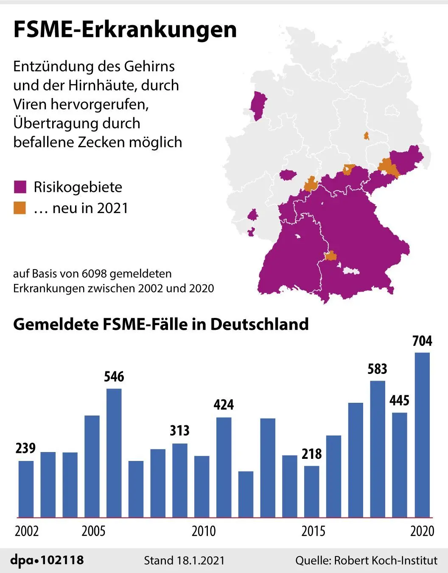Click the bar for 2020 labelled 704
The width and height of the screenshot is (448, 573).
coord(422,435)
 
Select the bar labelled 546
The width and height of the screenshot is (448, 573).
coord(114,453)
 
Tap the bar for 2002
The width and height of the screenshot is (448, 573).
coord(26,489)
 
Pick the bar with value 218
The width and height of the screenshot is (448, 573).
coord(311,492)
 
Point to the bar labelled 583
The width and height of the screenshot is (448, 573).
coord(378,449)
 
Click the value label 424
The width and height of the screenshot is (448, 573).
coord(224,404)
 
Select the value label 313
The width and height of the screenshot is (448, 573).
coord(179,430)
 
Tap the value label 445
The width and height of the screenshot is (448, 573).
coord(399,400)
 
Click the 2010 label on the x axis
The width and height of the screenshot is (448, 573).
coord(204,531)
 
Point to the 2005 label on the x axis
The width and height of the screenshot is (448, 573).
coord(93,531)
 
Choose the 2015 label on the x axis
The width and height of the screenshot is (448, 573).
coord(313,531)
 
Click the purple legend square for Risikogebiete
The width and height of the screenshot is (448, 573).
coord(20,187)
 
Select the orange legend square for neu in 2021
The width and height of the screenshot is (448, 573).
coord(20,208)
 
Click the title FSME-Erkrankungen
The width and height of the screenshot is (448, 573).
coord(125,30)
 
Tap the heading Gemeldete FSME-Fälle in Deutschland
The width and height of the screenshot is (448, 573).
coord(161,324)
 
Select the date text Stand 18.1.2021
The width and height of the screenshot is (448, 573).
coord(184,561)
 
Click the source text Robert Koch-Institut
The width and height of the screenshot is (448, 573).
coord(386,561)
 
